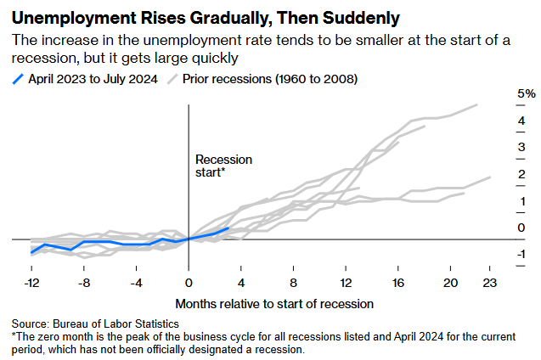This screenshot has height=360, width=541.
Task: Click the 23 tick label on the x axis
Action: point(490,283)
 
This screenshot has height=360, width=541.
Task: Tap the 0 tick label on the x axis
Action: point(189,283)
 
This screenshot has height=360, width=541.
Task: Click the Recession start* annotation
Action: point(223,166)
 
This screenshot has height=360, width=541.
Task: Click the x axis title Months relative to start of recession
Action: point(274,303)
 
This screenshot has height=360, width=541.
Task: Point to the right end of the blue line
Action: point(228,228)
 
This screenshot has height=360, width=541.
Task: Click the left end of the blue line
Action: point(31,253)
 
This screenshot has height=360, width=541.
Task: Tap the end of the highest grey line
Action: point(477,104)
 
